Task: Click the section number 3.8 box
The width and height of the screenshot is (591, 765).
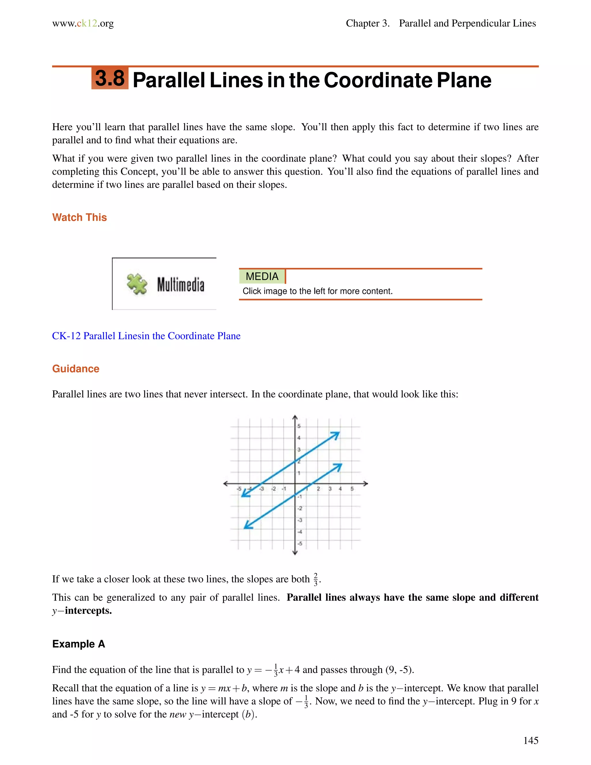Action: point(110,78)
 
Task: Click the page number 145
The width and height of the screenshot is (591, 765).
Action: point(530,740)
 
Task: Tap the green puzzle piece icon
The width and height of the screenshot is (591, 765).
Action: point(137,284)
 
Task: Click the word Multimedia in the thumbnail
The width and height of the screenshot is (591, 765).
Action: point(180,284)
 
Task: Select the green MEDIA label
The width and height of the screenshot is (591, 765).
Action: point(262,276)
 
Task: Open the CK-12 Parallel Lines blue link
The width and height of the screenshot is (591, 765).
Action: point(146,336)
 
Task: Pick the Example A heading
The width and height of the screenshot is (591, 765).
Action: point(78,644)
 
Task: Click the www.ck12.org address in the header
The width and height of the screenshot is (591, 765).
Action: point(83,23)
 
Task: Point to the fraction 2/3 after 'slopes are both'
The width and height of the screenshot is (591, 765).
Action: point(315,579)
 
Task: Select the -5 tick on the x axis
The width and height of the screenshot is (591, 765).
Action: point(239,489)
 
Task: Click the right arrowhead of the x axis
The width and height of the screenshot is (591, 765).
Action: point(366,484)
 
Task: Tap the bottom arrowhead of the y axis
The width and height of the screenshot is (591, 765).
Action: point(295,553)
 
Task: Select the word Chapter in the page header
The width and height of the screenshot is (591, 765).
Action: point(362,23)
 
